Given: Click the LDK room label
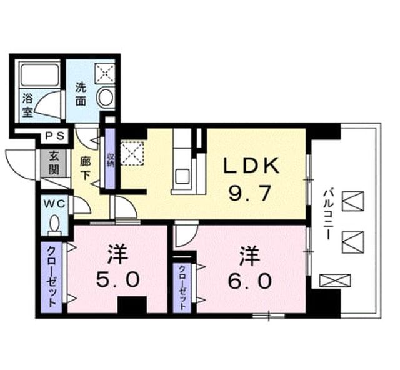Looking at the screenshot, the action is pyautogui.click(x=251, y=166).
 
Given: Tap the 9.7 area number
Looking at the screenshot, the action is pyautogui.click(x=249, y=193).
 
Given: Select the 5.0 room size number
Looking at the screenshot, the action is pyautogui.click(x=118, y=279).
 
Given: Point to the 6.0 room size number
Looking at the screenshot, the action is pyautogui.click(x=249, y=281).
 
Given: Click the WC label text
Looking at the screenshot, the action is pyautogui.click(x=54, y=204).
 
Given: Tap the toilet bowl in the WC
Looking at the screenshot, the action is pyautogui.click(x=54, y=226).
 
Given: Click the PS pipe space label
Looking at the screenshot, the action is pyautogui.click(x=56, y=136).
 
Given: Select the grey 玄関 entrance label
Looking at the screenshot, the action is pyautogui.click(x=54, y=162).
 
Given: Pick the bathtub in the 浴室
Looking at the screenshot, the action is pyautogui.click(x=40, y=75).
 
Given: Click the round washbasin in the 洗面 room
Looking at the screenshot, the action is pyautogui.click(x=105, y=99).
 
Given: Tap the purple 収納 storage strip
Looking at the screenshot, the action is pyautogui.click(x=110, y=159).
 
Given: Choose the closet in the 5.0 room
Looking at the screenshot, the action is pyautogui.click(x=51, y=277).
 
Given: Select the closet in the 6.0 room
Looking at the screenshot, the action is pyautogui.click(x=182, y=287).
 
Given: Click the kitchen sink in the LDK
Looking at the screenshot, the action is pyautogui.click(x=182, y=176).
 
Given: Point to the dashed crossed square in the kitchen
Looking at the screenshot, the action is pyautogui.click(x=132, y=154).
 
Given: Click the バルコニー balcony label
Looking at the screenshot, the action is pyautogui.click(x=328, y=214).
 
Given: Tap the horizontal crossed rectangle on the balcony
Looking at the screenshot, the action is pyautogui.click(x=335, y=280).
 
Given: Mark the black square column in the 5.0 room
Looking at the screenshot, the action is pyautogui.click(x=132, y=305).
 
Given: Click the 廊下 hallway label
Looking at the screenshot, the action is pyautogui.click(x=86, y=168).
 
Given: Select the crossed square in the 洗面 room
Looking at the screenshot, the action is pyautogui.click(x=105, y=73).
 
